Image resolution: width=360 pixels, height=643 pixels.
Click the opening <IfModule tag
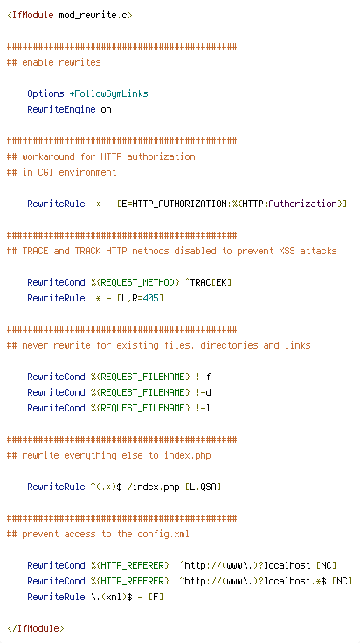coord(31,16)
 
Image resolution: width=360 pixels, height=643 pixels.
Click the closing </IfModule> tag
coord(36,628)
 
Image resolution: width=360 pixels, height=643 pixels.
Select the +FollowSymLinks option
coord(108,93)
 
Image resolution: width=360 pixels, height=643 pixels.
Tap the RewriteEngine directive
coord(61,110)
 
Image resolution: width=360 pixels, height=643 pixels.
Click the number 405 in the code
coord(150,298)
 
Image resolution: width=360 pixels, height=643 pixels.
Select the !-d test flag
coord(203,392)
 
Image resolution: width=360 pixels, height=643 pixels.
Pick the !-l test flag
coord(203,408)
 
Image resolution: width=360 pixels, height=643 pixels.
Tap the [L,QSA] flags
coord(203,487)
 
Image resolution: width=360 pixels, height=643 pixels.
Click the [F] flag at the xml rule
coord(156,597)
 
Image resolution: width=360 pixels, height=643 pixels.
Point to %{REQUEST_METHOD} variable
coord(135,282)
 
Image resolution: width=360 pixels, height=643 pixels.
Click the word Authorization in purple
coord(302,204)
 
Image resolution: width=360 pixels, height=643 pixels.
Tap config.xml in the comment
coord(163,535)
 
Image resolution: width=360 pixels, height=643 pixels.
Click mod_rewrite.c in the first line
coord(95,16)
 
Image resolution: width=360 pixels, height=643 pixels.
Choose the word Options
coord(46,93)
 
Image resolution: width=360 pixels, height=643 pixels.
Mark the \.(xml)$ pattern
coord(112,597)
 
